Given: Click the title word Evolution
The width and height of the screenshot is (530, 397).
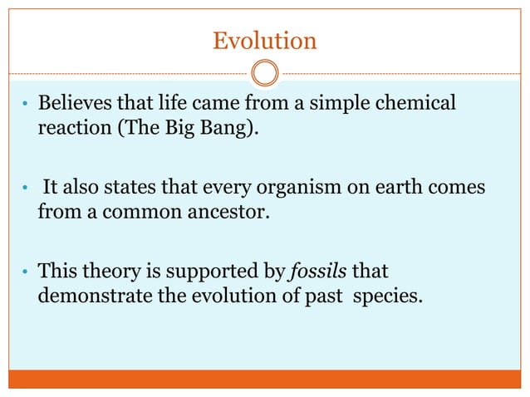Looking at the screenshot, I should click(x=264, y=40).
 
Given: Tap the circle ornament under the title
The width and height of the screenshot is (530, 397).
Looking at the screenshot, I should click(x=264, y=74).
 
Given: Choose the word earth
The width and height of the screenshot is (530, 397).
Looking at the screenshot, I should click(x=379, y=188).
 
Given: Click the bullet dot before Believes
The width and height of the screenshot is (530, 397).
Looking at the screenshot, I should click(x=26, y=106).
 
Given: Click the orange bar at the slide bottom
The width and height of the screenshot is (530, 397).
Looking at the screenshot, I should click(x=264, y=380).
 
